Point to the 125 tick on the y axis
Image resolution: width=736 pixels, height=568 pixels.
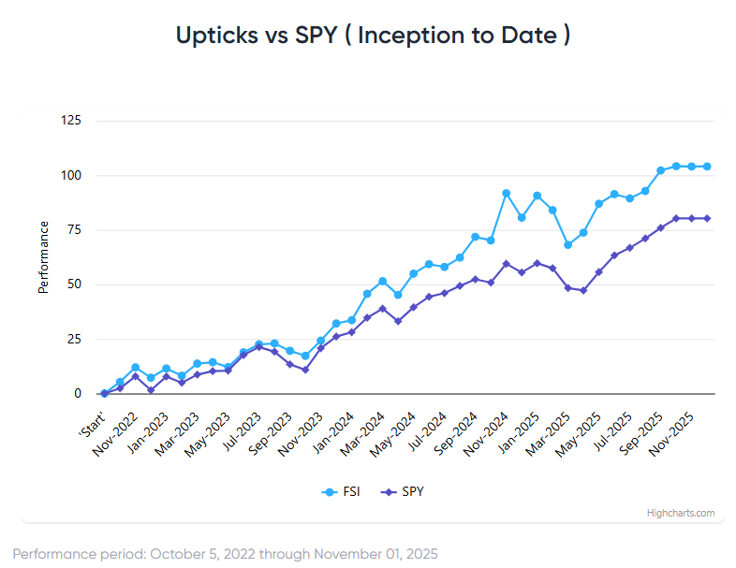click(x=70, y=121)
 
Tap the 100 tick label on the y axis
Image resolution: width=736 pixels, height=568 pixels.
click(x=70, y=176)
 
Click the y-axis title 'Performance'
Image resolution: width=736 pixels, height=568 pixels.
click(x=43, y=257)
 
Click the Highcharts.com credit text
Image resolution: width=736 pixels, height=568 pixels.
click(x=680, y=513)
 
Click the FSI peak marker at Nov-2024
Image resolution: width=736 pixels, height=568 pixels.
click(x=507, y=193)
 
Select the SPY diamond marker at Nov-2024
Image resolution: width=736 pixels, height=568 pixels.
click(x=507, y=264)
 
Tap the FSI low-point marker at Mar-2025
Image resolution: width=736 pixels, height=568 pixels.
click(x=567, y=245)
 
